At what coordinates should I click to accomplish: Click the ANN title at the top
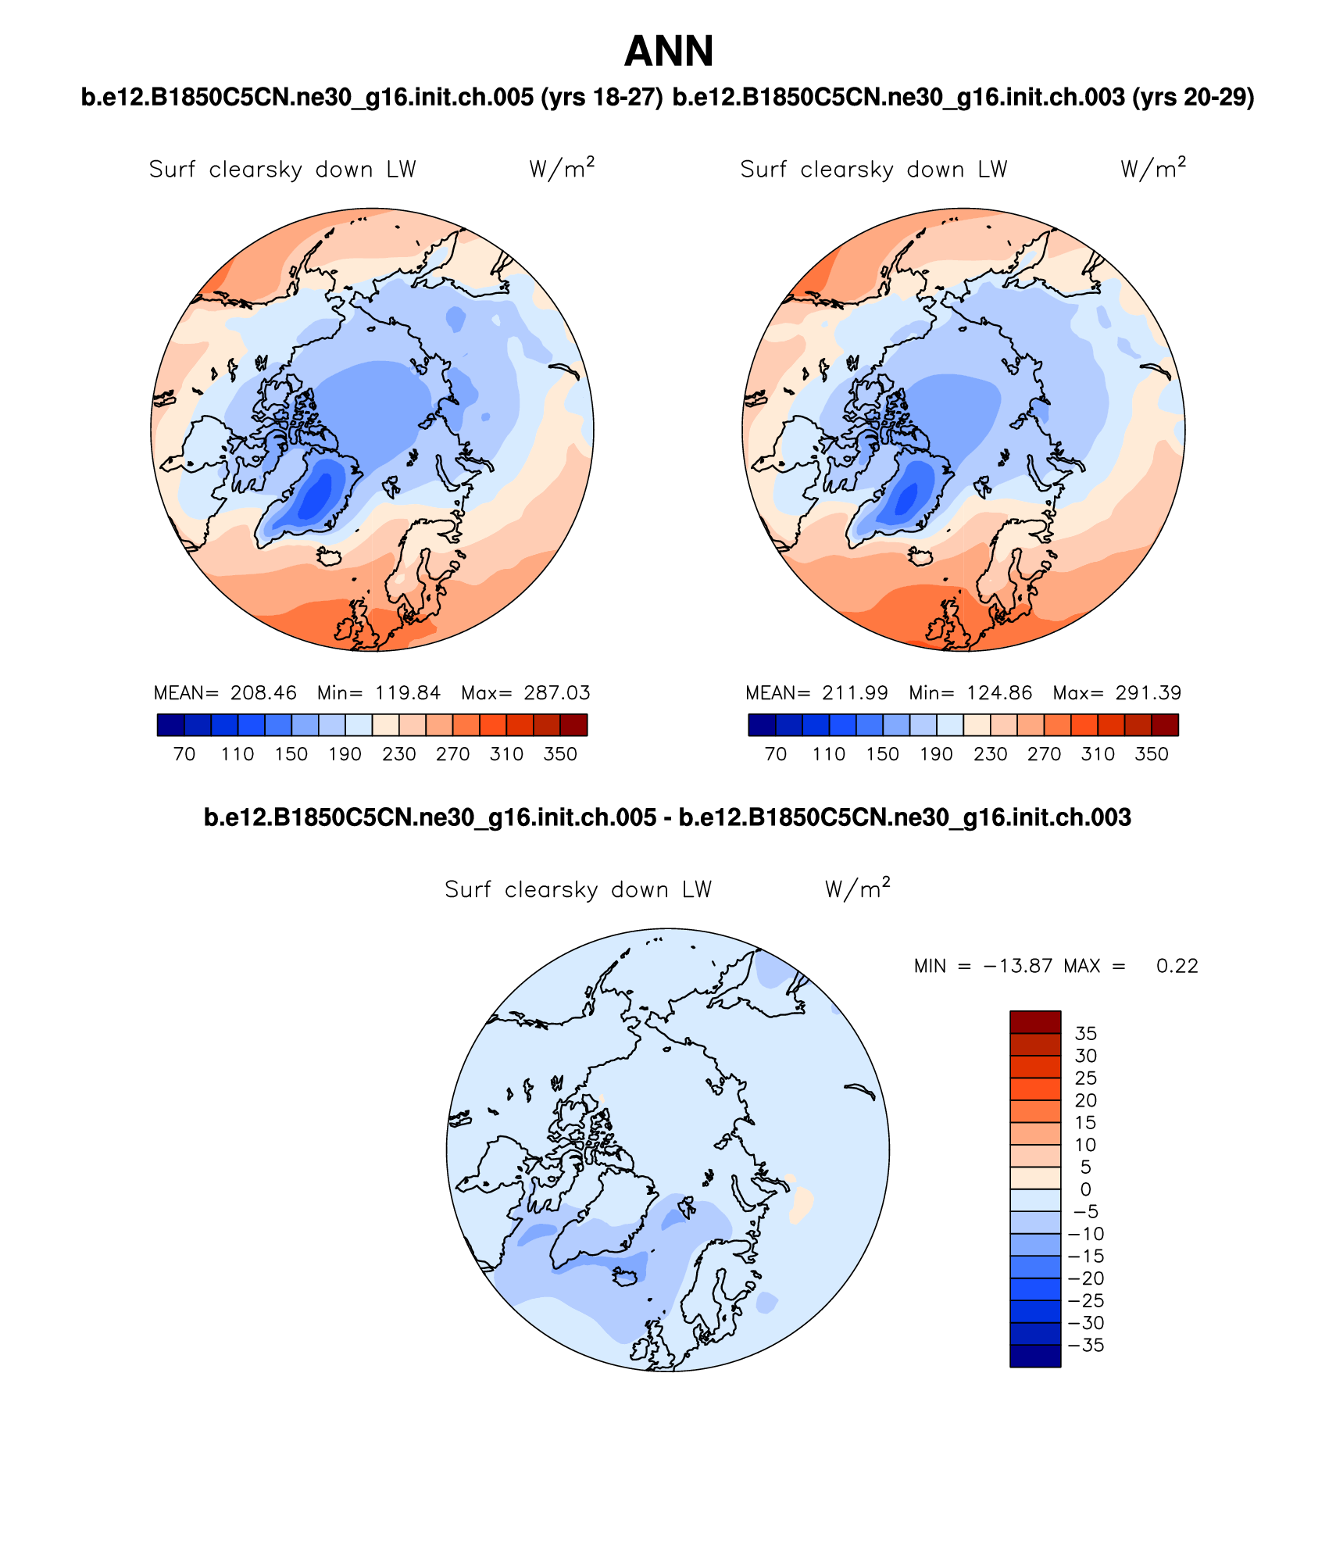pos(669,52)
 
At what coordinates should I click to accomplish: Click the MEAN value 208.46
pos(263,693)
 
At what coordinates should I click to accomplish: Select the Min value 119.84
pos(408,693)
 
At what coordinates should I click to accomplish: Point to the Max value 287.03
pos(557,693)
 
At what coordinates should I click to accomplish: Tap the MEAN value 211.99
pos(855,693)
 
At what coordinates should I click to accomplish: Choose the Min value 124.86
pos(999,693)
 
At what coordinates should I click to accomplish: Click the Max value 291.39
pos(1148,693)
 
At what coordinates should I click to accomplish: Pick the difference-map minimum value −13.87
pos(1017,967)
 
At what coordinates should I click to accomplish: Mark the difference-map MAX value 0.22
pos(1177,967)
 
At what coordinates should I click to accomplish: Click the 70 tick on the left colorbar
pos(184,754)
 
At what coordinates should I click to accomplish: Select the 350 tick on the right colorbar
pos(1152,754)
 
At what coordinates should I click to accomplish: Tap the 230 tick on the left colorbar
pos(398,754)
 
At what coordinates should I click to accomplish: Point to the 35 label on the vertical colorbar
pos(1086,1034)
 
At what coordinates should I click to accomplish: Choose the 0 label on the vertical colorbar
pos(1086,1189)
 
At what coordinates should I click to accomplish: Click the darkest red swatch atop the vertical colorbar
pos(1035,1022)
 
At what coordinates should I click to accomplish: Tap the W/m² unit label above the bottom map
pos(857,889)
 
